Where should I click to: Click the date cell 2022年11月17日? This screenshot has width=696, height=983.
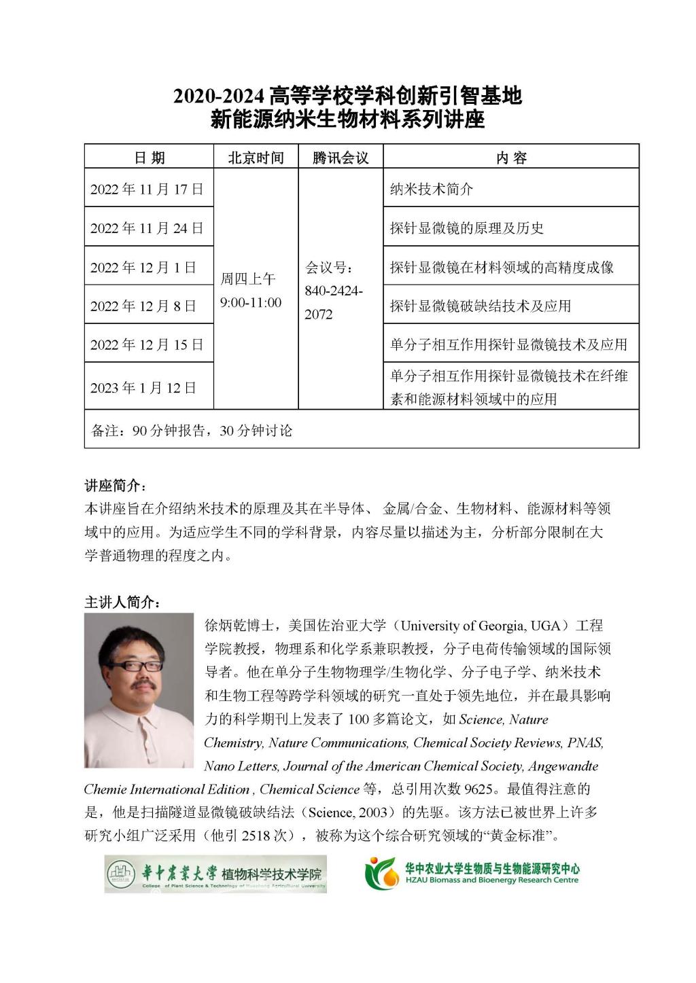[147, 189]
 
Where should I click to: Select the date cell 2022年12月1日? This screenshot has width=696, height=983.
[143, 267]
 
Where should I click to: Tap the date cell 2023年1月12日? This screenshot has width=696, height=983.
[143, 387]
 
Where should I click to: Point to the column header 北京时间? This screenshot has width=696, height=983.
[256, 158]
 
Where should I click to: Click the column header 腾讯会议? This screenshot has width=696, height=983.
[341, 158]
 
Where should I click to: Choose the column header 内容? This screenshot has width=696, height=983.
[511, 158]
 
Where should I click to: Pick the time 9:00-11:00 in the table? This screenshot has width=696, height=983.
[250, 302]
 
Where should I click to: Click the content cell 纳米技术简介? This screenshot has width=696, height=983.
[431, 189]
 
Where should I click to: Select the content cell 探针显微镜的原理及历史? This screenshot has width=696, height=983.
[466, 228]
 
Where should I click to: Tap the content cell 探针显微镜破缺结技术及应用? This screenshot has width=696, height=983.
[480, 306]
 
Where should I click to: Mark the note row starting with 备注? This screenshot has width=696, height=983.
[192, 430]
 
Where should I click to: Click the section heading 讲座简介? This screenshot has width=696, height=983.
[115, 485]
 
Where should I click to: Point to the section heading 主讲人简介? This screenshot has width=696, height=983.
[122, 602]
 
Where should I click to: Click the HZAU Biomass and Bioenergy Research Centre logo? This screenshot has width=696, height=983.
[472, 873]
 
